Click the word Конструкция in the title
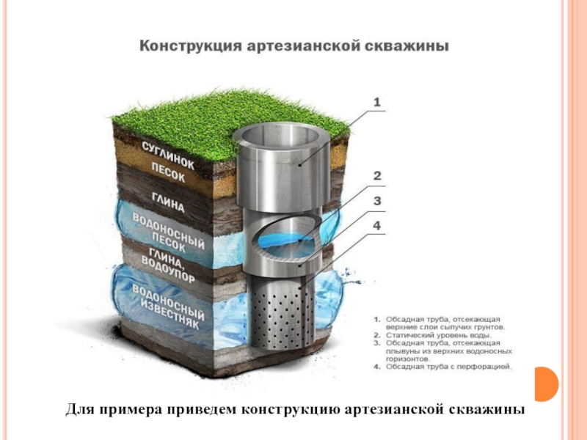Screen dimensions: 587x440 187,46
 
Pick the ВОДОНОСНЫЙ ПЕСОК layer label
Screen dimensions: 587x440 168,233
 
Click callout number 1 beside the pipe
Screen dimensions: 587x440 377,103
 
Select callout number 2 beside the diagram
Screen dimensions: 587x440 377,176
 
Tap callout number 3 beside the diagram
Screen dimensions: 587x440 377,200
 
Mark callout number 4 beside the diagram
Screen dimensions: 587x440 377,227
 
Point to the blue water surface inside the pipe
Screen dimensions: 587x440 282,238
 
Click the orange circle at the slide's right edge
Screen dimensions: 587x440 547,384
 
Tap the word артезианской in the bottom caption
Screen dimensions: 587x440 397,409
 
